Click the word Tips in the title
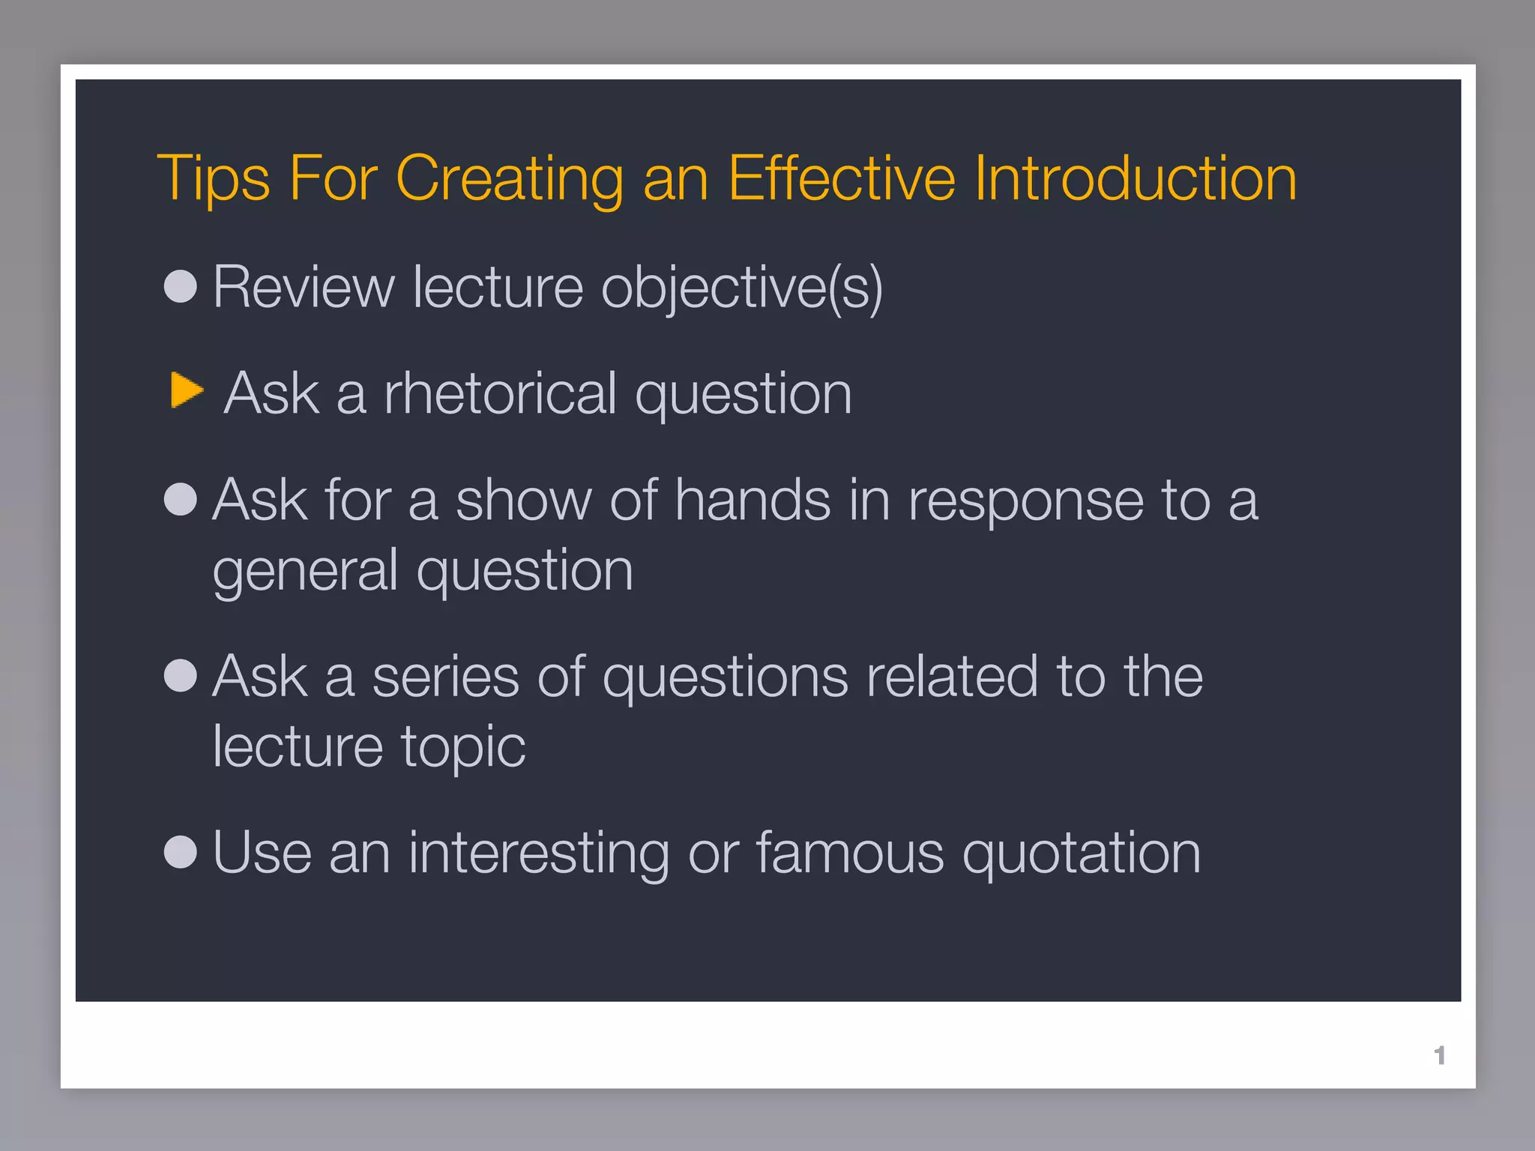213,180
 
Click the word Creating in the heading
509,180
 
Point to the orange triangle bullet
185,390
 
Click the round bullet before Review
181,286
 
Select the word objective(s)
742,288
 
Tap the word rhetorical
500,393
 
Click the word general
305,571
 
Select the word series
445,677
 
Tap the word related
952,677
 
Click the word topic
463,748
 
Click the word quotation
1081,854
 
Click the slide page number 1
1439,1055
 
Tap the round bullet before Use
181,852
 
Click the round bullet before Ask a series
181,675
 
